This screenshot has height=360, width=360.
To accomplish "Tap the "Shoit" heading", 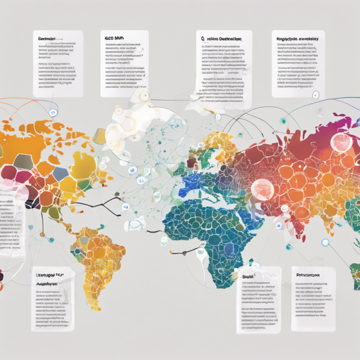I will [248, 278].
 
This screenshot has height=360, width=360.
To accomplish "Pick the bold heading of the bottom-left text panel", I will [51, 280].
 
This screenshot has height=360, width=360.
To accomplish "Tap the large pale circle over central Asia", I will [262, 189].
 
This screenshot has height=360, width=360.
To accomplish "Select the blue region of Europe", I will [191, 184].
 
